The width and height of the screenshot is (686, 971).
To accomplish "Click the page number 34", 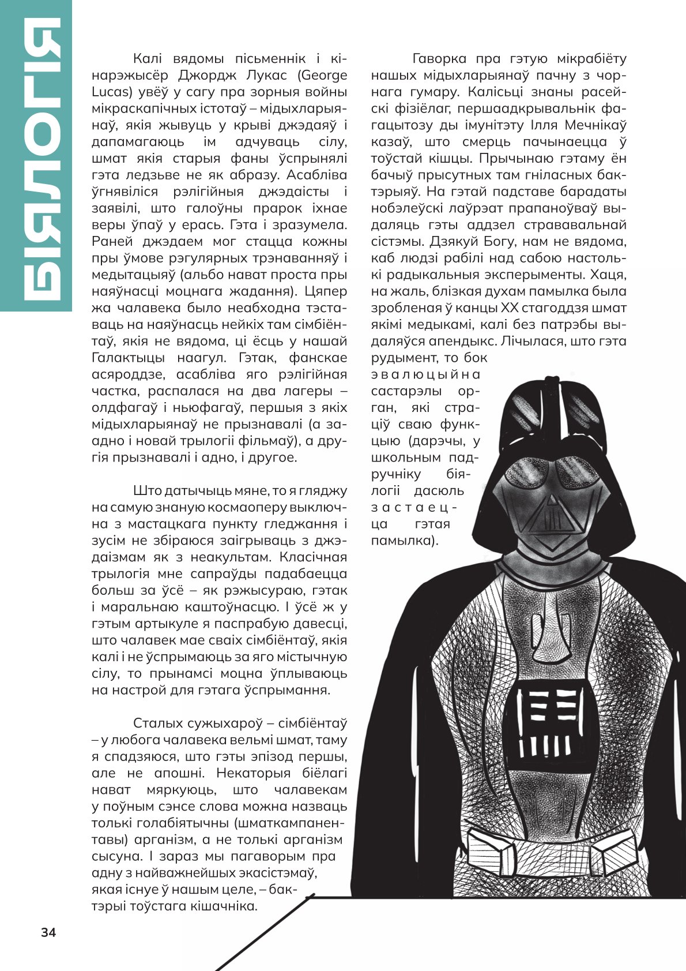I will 48,933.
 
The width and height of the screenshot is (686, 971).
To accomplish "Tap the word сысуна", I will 112,856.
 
